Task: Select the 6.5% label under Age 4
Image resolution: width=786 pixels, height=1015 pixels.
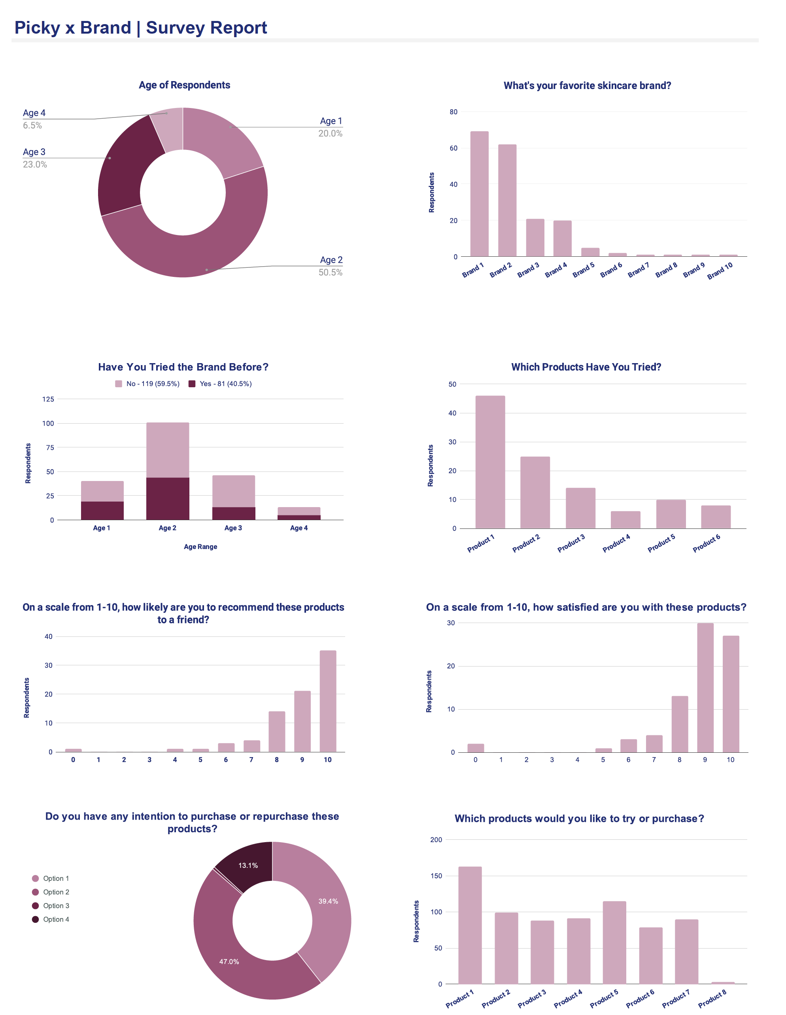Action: [32, 125]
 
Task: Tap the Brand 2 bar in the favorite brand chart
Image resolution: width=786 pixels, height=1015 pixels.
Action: [507, 200]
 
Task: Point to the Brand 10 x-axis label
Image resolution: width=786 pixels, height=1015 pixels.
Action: [720, 271]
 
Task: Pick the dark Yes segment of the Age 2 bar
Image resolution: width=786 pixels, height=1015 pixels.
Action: [168, 498]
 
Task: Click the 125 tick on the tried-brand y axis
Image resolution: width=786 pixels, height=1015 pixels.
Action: [48, 399]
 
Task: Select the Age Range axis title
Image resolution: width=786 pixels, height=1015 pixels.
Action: [200, 547]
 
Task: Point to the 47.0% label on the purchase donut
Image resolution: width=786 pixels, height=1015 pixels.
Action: [229, 962]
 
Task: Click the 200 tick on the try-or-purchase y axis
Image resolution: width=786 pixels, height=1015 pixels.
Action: [436, 840]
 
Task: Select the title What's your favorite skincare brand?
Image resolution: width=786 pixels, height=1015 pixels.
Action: [587, 85]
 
